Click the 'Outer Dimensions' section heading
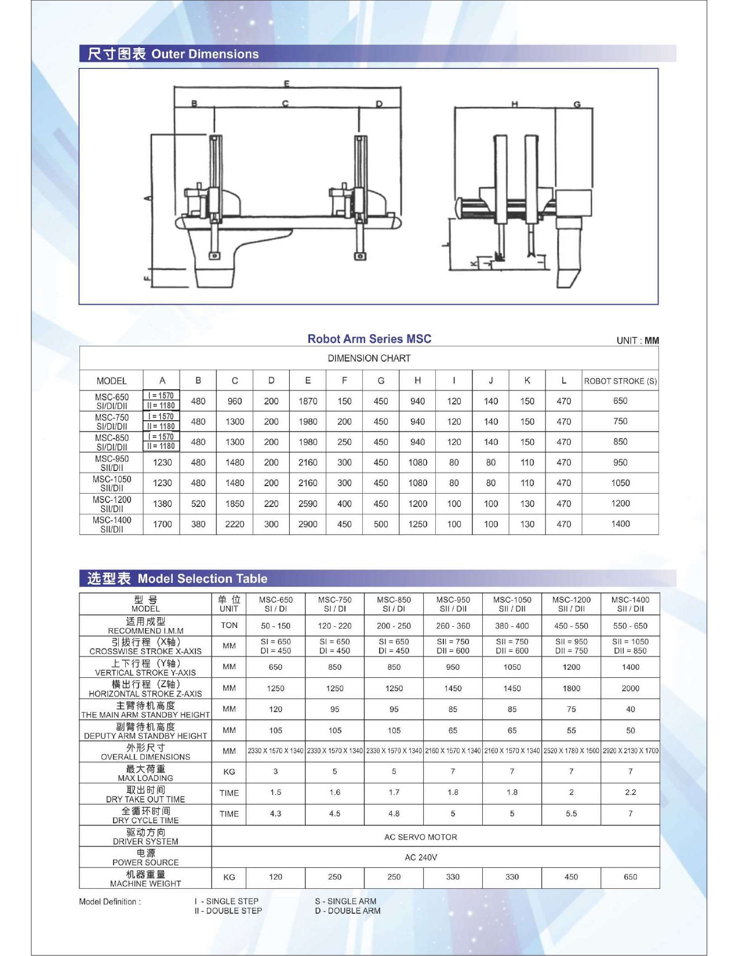pos(205,54)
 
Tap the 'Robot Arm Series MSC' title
pos(369,339)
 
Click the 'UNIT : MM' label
pos(637,341)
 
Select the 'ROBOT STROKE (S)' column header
pos(620,381)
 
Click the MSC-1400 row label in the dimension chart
pos(111,524)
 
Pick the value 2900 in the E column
pos(308,524)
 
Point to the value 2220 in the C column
pos(235,524)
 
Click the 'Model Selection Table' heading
pos(202,578)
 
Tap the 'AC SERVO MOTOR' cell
pos(420,837)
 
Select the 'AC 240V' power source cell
pos(421,858)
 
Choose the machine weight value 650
pos(630,877)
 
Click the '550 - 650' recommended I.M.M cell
pos(630,626)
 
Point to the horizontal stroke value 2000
pos(630,688)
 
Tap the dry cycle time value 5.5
pos(571,814)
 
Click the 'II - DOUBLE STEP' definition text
pos(228,911)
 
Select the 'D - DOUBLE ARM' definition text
pos(348,911)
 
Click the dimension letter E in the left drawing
pos(286,84)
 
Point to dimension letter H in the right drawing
pos(514,104)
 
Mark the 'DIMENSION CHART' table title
pos(369,358)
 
